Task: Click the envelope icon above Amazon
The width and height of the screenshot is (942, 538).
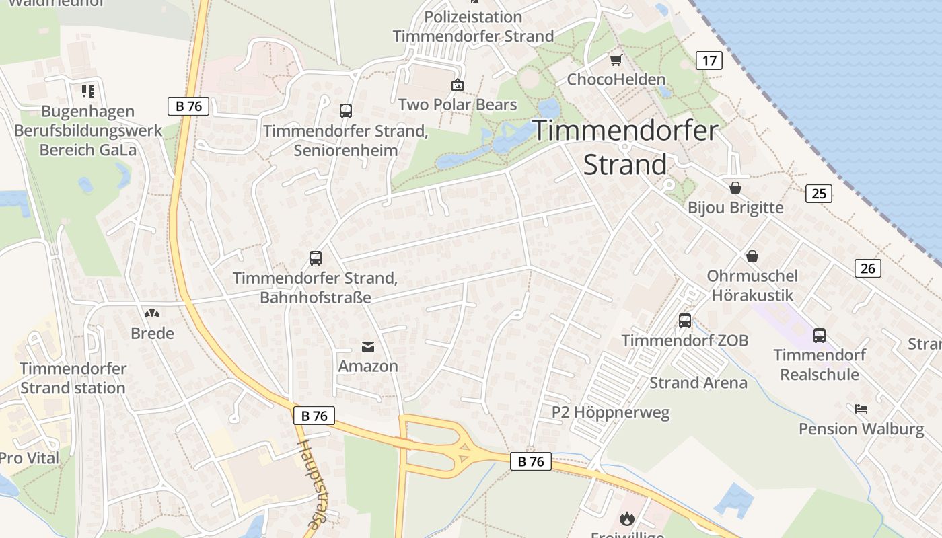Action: click(x=367, y=347)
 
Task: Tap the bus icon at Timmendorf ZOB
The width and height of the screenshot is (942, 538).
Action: click(x=685, y=321)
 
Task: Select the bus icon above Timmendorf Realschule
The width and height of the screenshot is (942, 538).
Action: click(x=819, y=335)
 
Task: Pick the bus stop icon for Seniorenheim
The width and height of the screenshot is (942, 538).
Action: click(x=346, y=111)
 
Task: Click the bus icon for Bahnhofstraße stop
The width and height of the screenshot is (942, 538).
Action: click(x=315, y=258)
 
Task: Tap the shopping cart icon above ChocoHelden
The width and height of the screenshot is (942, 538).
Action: click(x=616, y=60)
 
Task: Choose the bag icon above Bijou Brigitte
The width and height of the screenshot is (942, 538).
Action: click(x=735, y=188)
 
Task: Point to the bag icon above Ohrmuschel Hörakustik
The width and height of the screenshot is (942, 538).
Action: click(x=752, y=256)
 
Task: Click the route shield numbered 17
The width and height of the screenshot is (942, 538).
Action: click(x=709, y=61)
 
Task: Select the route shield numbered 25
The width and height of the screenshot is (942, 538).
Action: click(x=819, y=194)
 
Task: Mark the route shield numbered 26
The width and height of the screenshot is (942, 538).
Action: click(x=868, y=268)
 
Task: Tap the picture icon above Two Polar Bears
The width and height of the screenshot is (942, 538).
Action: click(x=458, y=85)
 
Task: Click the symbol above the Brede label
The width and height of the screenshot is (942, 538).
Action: click(x=152, y=313)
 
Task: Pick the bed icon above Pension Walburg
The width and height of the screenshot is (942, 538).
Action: click(x=861, y=408)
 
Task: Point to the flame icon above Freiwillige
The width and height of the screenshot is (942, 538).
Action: click(x=627, y=518)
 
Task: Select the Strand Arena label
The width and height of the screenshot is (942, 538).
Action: click(x=698, y=383)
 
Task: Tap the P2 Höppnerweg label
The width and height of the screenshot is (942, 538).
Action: click(x=611, y=412)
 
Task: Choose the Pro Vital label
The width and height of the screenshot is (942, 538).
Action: click(x=29, y=458)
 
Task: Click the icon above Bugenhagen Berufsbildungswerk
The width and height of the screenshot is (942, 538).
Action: click(x=88, y=91)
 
